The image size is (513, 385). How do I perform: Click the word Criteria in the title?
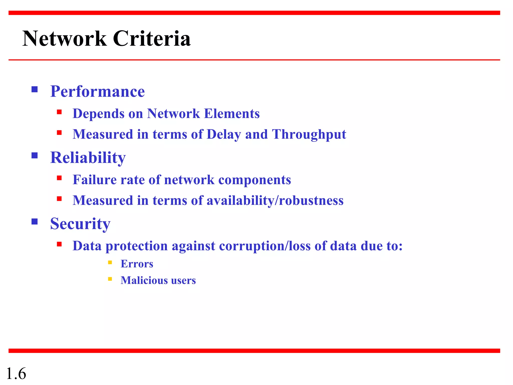[152, 39]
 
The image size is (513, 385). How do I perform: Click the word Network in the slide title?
[64, 39]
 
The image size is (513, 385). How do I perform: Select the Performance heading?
[97, 91]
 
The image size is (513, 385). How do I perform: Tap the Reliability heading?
[88, 158]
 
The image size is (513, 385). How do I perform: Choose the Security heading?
[80, 224]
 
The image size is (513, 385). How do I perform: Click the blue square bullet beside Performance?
[35, 89]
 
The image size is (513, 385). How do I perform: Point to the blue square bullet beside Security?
[35, 222]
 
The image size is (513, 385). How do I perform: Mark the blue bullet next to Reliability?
[35, 156]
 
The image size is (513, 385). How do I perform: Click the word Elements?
[232, 114]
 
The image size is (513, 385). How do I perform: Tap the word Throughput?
[309, 135]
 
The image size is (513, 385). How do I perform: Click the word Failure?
[95, 180]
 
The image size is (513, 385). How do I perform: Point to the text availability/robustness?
[275, 201]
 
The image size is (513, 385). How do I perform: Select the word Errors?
[137, 264]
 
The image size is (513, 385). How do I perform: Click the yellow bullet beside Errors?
[110, 262]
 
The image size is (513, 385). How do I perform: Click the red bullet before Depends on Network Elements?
[59, 112]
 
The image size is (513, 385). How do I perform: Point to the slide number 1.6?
[16, 374]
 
